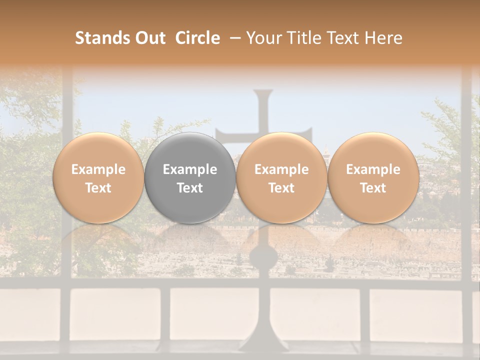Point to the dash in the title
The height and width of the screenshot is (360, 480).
click(x=233, y=38)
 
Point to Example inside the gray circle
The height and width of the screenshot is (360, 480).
click(x=190, y=169)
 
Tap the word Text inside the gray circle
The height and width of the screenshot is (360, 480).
click(x=190, y=188)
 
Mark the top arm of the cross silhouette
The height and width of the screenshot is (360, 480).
click(x=263, y=107)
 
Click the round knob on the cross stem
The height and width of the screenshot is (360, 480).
click(x=263, y=257)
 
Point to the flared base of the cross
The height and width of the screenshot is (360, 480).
click(x=263, y=340)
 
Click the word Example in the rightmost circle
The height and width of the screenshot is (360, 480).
click(x=373, y=169)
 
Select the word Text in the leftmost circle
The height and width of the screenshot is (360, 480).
click(x=98, y=188)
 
